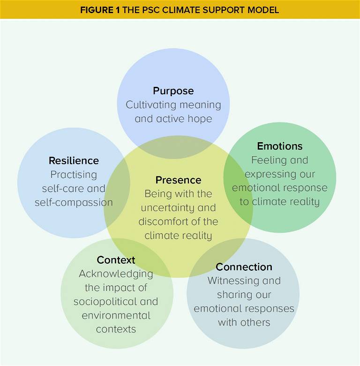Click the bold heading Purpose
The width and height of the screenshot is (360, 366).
[x=173, y=91]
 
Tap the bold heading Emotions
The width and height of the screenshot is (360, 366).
[x=280, y=146]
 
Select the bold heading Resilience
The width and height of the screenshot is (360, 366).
[x=74, y=161]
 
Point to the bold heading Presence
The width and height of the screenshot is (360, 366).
[x=178, y=180]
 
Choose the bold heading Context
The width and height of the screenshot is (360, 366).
[x=116, y=260]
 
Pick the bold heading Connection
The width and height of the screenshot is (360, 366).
[x=244, y=267]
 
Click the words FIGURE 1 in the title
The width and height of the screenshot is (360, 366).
[x=100, y=10]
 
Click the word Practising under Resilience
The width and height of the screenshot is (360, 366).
[x=74, y=175]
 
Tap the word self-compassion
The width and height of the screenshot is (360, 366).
[x=74, y=203]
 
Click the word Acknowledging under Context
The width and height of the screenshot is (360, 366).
[x=116, y=274]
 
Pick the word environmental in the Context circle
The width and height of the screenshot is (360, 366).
[x=116, y=315]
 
